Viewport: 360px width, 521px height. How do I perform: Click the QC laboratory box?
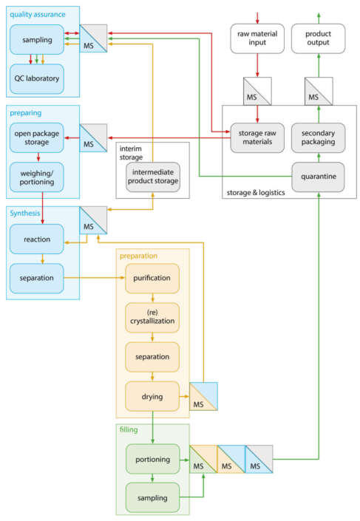pyautogui.click(x=37, y=78)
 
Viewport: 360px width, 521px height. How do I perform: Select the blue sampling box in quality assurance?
pyautogui.click(x=37, y=38)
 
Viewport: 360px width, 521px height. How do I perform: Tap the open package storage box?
pyautogui.click(x=37, y=137)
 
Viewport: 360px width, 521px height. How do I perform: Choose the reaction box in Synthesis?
pyautogui.click(x=37, y=239)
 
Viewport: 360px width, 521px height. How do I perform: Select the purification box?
pyautogui.click(x=152, y=278)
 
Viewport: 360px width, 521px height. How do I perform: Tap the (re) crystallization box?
pyautogui.click(x=152, y=317)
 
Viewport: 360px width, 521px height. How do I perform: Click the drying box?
pyautogui.click(x=152, y=396)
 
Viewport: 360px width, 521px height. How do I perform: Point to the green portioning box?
pyautogui.click(x=152, y=458)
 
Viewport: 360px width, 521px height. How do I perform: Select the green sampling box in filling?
pyautogui.click(x=152, y=497)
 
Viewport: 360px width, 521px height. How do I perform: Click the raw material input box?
pyautogui.click(x=257, y=38)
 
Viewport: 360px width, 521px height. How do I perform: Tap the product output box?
pyautogui.click(x=319, y=38)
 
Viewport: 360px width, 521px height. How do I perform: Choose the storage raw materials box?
pyautogui.click(x=257, y=137)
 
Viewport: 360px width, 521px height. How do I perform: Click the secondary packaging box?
pyautogui.click(x=319, y=137)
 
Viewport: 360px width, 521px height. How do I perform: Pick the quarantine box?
pyautogui.click(x=319, y=177)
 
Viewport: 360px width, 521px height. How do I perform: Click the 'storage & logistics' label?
pyautogui.click(x=252, y=194)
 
